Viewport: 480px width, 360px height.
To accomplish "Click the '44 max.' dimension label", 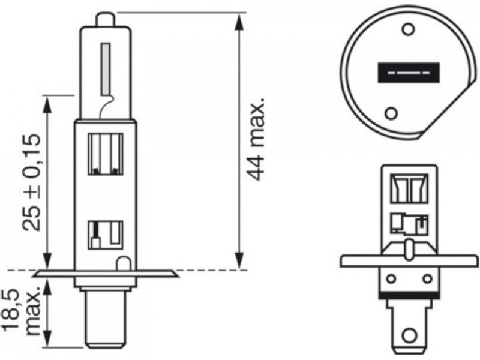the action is pyautogui.click(x=256, y=140).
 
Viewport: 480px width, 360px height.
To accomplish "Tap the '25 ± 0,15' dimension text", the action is pyautogui.click(x=31, y=182).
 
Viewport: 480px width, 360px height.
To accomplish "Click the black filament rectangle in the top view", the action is pyautogui.click(x=409, y=73).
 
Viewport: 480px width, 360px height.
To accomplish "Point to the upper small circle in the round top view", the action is pyautogui.click(x=407, y=29).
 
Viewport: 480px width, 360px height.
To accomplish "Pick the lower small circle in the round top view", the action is pyautogui.click(x=391, y=113).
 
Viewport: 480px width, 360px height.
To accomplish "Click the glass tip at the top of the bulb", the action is pyautogui.click(x=106, y=20).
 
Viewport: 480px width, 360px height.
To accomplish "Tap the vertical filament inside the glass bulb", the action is pyautogui.click(x=106, y=69).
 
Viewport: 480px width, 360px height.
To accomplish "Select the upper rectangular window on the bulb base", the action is pyautogui.click(x=106, y=154).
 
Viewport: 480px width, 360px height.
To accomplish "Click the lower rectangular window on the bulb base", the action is pyautogui.click(x=106, y=235).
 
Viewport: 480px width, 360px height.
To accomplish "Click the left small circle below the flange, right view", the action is pyautogui.click(x=391, y=279).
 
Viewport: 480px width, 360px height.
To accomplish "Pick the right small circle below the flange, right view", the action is pyautogui.click(x=427, y=279).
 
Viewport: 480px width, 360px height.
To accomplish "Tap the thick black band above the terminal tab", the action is pyautogui.click(x=409, y=295).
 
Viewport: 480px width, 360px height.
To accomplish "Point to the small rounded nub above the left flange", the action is pyautogui.click(x=124, y=263).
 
